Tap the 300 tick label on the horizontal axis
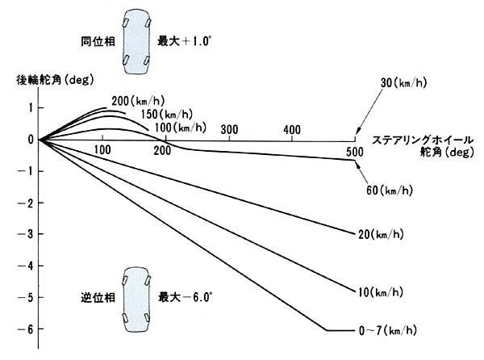pos(228,130)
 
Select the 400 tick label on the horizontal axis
pos(293,130)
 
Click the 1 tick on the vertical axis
pos(30,107)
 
